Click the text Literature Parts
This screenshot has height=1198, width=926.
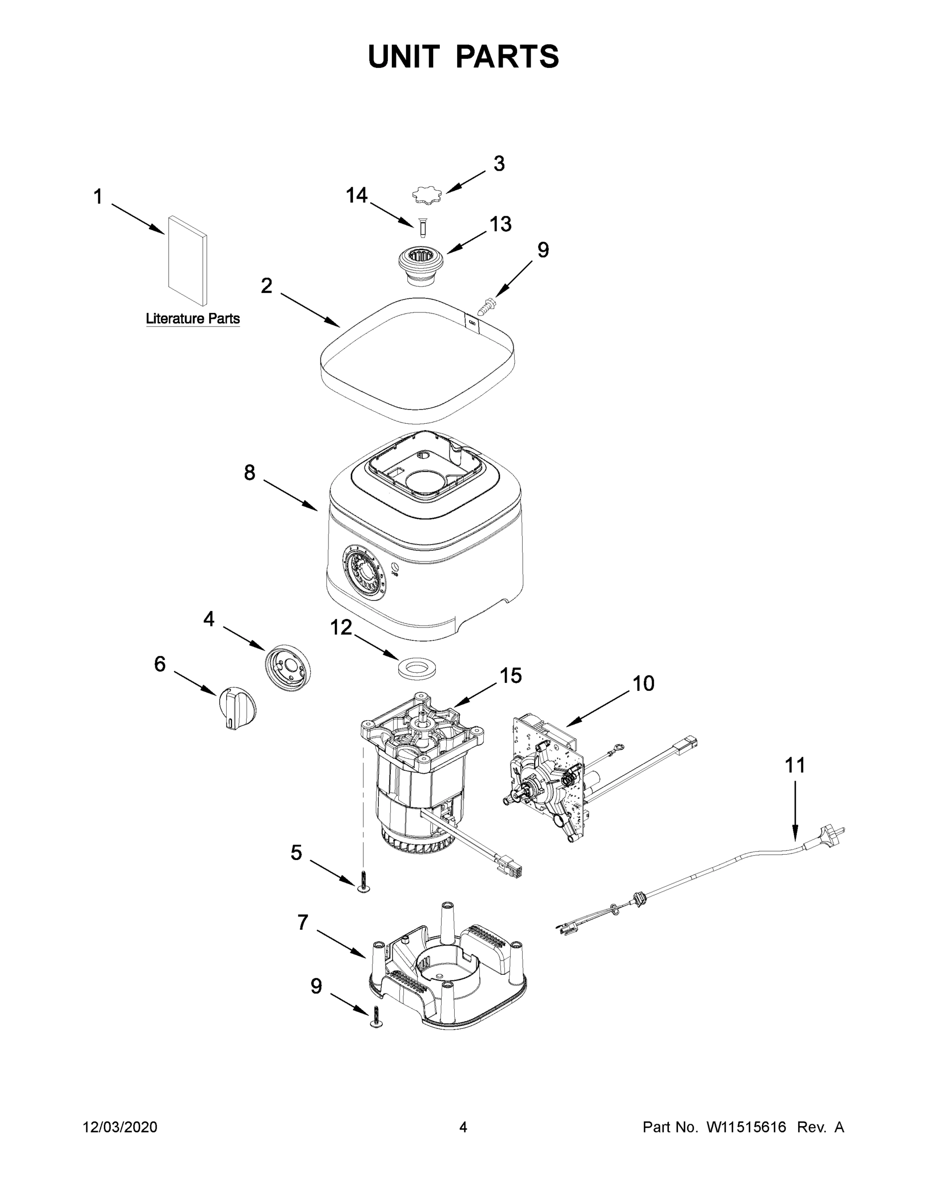193,318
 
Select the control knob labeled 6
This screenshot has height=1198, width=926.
237,708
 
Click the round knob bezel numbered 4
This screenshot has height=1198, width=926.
288,667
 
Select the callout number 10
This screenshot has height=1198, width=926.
643,684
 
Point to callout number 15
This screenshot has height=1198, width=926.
510,676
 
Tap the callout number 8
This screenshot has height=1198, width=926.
250,472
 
